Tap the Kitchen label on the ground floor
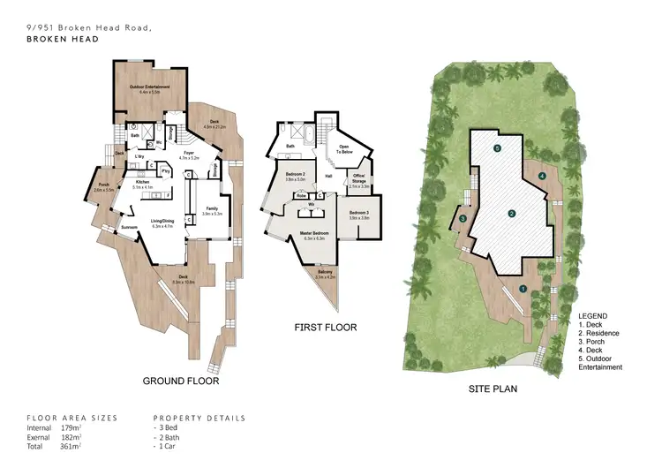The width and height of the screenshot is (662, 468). (x=143, y=183)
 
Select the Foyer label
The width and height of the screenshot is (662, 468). (x=189, y=154)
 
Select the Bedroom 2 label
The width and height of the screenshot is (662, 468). (x=295, y=176)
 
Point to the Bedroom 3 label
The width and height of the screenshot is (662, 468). (x=358, y=214)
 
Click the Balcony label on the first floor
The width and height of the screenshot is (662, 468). (x=326, y=273)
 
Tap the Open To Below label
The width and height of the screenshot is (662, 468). (x=345, y=149)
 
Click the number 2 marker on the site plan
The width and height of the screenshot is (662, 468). (x=511, y=214)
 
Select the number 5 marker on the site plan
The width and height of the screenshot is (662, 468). (x=497, y=147)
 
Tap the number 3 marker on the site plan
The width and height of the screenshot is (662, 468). (x=463, y=219)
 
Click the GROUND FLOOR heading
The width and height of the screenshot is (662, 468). (x=181, y=381)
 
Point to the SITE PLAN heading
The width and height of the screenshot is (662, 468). (x=493, y=388)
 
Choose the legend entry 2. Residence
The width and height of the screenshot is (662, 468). (x=599, y=333)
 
